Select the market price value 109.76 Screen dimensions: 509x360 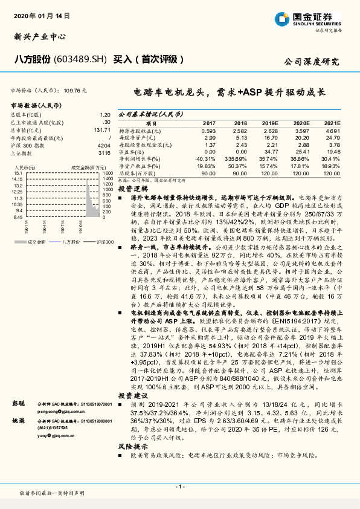point(76,89)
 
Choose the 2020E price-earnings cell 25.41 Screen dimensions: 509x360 point(301,151)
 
